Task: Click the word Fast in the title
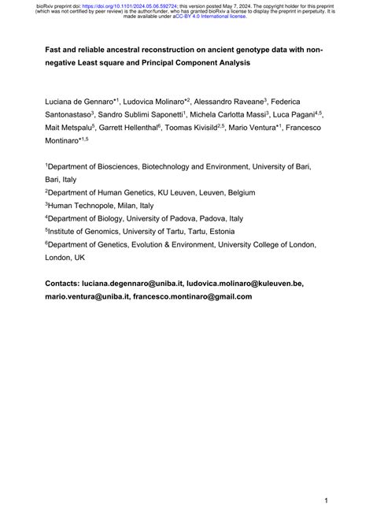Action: [x=54, y=49]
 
